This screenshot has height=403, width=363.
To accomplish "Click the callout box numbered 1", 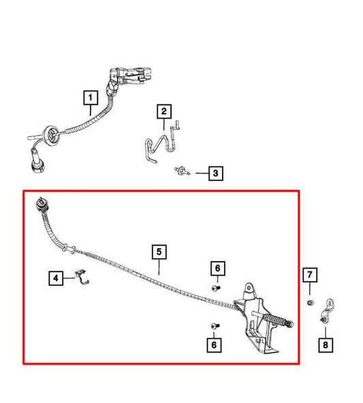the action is [91, 98].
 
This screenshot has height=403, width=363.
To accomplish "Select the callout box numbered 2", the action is [164, 111].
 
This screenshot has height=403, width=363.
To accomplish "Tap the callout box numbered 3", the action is [216, 173].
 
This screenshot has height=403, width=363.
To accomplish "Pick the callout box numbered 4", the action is [56, 278].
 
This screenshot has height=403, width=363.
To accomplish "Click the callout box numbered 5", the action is [159, 252].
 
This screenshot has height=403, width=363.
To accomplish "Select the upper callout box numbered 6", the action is [218, 268].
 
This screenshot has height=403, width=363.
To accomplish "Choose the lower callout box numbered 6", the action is [214, 344].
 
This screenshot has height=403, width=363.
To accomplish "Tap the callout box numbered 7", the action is [310, 275].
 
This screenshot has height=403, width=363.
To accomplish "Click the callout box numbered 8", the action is [326, 344].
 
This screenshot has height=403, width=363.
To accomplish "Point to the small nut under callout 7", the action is [310, 303].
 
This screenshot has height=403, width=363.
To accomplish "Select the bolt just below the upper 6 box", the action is [216, 288].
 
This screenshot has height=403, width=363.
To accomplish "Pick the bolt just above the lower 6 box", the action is [215, 326].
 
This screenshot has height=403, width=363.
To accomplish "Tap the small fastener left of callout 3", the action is [182, 170].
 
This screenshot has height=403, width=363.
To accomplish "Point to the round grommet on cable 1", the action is [52, 134].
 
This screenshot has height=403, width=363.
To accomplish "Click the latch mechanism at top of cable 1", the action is [129, 76].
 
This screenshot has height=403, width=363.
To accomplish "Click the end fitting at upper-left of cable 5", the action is [42, 205].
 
